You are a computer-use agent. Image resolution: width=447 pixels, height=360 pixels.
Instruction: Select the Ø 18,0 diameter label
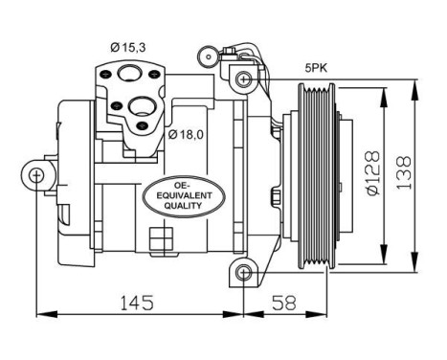(x=188, y=133)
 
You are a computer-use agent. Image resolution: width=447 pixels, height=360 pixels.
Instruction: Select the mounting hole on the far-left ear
(x=36, y=174)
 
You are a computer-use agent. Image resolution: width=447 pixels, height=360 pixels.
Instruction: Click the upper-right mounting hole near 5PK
(x=245, y=77)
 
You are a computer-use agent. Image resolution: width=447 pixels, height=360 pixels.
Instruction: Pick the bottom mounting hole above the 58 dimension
(x=245, y=276)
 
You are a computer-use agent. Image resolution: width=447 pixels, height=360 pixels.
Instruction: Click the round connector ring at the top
(x=204, y=54)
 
